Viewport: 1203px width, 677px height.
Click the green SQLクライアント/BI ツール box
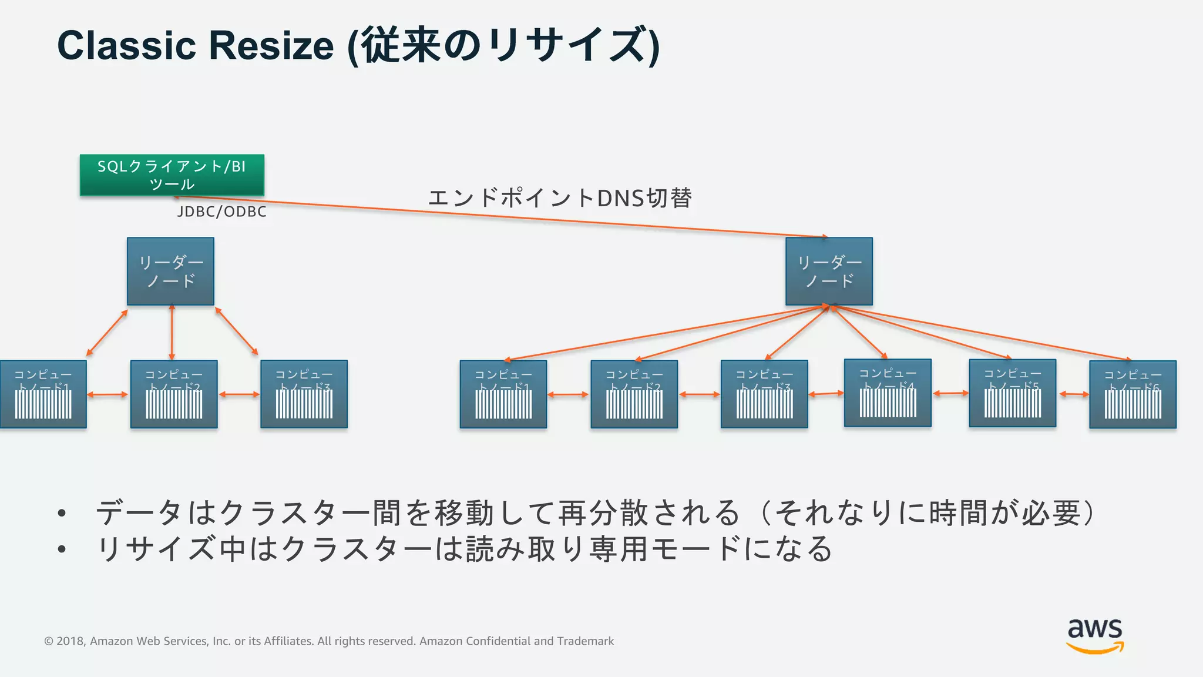click(172, 175)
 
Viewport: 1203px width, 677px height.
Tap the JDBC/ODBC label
click(221, 212)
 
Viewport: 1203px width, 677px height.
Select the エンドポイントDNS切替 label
click(560, 198)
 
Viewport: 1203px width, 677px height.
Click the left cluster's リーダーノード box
click(170, 271)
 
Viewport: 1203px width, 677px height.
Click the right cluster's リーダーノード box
click(829, 271)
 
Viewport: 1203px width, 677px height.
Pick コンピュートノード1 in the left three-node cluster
click(43, 394)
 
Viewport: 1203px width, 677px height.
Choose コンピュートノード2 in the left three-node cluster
click(174, 394)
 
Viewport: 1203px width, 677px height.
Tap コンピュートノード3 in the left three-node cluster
click(304, 394)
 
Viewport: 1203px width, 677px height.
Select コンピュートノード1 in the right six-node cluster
click(503, 394)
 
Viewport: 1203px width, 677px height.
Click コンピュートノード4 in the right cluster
click(888, 393)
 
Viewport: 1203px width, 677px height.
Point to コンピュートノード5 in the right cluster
click(1012, 393)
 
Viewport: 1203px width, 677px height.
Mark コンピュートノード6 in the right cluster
click(1133, 394)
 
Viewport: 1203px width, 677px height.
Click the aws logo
click(1095, 635)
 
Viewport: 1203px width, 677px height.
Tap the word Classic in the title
click(126, 45)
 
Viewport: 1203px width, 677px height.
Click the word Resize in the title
click(271, 45)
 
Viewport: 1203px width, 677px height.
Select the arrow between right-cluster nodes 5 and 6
click(1073, 394)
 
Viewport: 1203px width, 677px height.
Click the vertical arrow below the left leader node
click(172, 332)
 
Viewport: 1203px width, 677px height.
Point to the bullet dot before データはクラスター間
click(62, 513)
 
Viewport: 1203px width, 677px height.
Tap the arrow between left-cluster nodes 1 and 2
click(107, 394)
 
